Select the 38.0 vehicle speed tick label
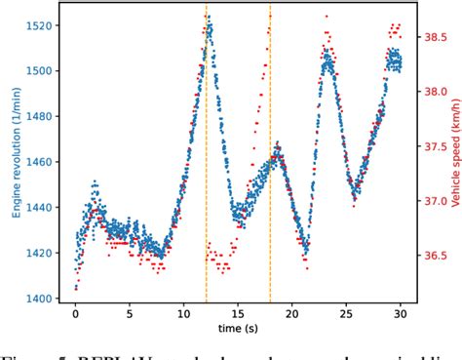433,93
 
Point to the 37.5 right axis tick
433,147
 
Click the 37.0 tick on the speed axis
433,202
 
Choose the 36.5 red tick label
433,257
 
